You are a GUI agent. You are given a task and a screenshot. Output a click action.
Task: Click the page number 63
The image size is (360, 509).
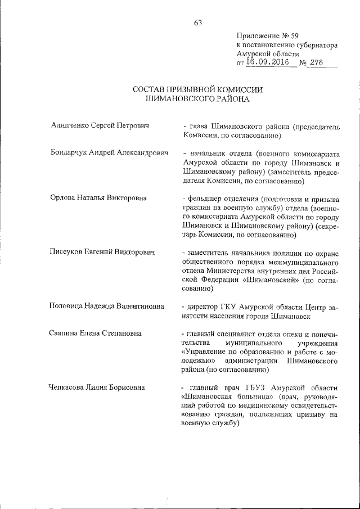197,23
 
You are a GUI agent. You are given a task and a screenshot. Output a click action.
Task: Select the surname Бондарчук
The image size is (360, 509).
69,154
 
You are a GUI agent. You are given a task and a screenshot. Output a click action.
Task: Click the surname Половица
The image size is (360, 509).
68,307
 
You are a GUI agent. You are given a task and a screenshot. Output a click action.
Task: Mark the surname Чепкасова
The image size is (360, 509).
70,388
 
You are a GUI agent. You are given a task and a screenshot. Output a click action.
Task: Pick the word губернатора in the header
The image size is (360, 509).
314,44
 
